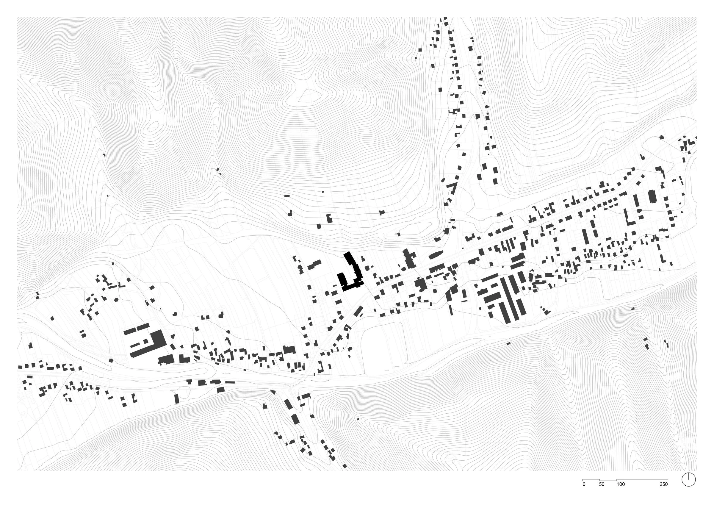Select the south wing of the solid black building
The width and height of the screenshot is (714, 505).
pos(351,287)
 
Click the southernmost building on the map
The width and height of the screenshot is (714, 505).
pos(345,475)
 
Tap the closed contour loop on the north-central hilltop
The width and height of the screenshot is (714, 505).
pos(306,96)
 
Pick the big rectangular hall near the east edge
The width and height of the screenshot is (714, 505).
pos(652,197)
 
